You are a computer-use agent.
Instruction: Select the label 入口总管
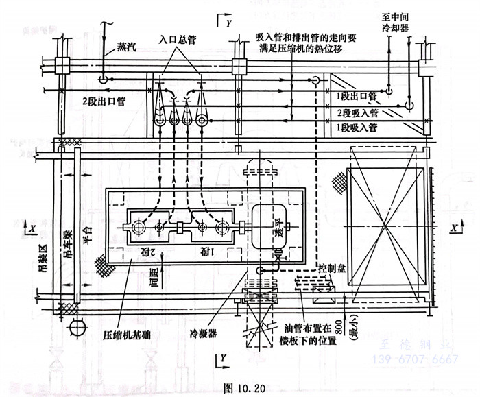178,40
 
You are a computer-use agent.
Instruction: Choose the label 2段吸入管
356,112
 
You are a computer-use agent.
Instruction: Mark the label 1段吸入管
356,128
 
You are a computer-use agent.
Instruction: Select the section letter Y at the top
228,21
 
